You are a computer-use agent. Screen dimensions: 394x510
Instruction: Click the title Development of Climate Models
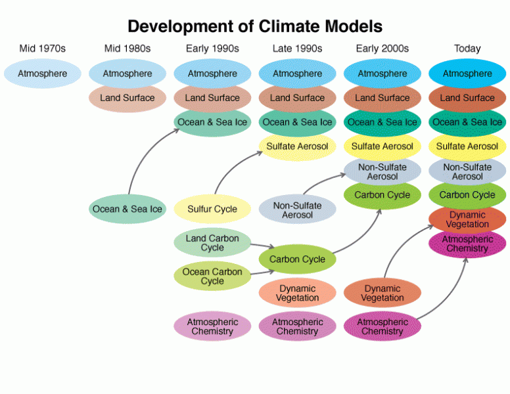tap(255, 26)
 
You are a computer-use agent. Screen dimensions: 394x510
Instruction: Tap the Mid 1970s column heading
tap(43, 49)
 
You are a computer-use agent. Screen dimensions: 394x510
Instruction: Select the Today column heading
tap(467, 49)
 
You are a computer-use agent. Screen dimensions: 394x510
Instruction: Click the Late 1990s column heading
tap(297, 49)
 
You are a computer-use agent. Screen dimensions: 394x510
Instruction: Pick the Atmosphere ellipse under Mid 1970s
tap(43, 74)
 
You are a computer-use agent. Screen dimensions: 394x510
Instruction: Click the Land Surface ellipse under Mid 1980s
tap(127, 98)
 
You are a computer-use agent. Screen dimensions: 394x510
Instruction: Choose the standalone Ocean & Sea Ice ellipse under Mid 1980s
tap(127, 209)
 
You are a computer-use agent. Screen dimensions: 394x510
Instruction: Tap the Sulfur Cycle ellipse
tap(212, 209)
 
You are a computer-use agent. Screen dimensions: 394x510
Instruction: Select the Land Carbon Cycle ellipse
tap(212, 243)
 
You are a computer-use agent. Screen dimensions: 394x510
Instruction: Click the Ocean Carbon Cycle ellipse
tap(212, 276)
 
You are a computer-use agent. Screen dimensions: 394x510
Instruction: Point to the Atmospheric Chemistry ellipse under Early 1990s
tap(212, 326)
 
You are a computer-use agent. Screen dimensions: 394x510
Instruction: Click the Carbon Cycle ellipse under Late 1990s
tap(297, 259)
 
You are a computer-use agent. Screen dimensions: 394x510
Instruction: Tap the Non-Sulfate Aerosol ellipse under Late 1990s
tap(297, 210)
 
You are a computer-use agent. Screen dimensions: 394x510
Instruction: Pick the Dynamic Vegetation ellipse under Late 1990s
tap(297, 293)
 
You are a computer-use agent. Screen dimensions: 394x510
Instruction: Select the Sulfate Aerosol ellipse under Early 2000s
tap(382, 146)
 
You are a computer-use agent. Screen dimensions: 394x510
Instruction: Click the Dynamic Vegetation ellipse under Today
tap(467, 220)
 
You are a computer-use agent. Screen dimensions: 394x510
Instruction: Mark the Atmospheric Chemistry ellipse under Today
tap(467, 244)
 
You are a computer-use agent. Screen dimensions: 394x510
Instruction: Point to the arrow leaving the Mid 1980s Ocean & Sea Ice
tap(141, 164)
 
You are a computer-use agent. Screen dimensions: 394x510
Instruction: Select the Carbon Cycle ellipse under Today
tap(467, 195)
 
